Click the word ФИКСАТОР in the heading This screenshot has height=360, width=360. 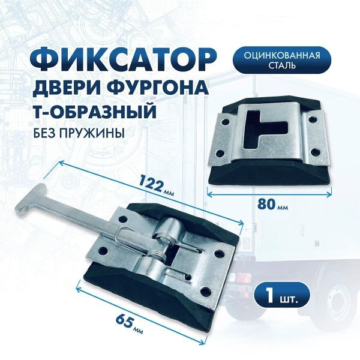122,59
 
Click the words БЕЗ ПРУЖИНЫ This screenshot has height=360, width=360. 79,133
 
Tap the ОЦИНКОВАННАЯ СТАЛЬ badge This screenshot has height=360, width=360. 282,60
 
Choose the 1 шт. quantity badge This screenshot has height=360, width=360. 282,295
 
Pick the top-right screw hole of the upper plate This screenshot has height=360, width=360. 312,119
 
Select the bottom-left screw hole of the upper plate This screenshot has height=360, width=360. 220,152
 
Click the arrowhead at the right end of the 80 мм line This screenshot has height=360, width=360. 330,193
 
